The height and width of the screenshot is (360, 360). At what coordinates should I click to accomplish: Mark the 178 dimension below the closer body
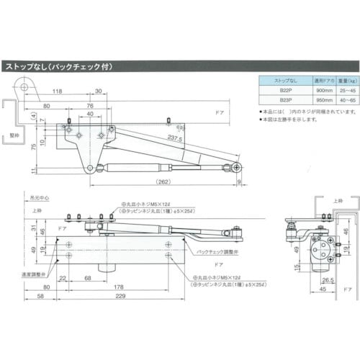[118, 287]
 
